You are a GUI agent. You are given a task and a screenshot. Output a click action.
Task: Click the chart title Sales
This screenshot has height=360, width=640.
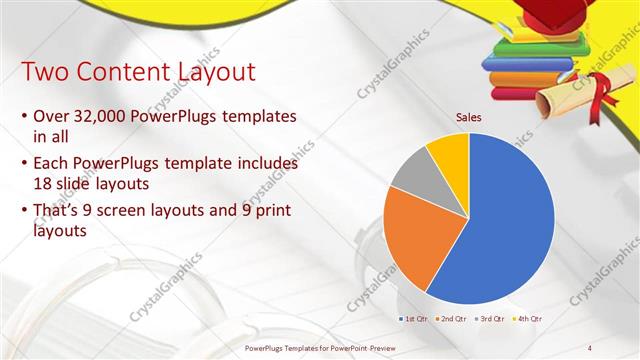(468, 117)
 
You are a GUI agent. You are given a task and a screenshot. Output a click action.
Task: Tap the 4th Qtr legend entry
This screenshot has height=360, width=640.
(528, 318)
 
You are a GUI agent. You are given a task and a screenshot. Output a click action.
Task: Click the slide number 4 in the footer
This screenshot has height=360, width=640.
(590, 347)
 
